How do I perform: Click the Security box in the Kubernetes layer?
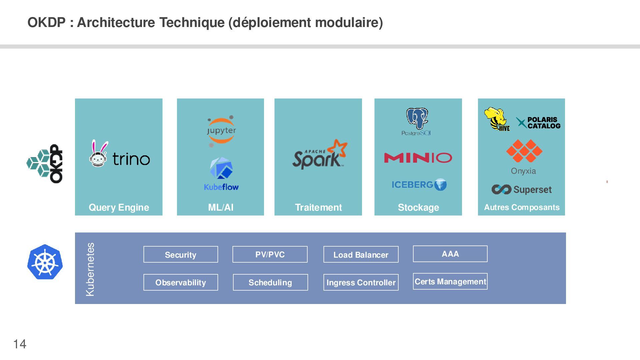[x=181, y=255]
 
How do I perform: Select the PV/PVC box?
[x=270, y=255]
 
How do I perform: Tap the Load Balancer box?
[x=361, y=255]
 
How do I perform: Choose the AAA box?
[x=450, y=254]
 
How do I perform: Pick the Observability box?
[x=181, y=282]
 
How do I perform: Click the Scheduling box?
[x=270, y=282]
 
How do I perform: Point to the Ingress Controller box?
[x=361, y=282]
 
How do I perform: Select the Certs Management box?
[x=450, y=282]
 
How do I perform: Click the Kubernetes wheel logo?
[x=45, y=262]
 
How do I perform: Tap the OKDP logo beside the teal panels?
[x=45, y=164]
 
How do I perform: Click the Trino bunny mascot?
[x=99, y=154]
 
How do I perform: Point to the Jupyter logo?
[x=221, y=131]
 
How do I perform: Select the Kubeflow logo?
[x=221, y=174]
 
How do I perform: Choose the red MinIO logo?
[x=418, y=158]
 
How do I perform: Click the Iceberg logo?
[x=419, y=185]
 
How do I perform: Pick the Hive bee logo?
[x=497, y=119]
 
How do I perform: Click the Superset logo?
[x=521, y=190]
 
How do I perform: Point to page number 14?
[x=20, y=344]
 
